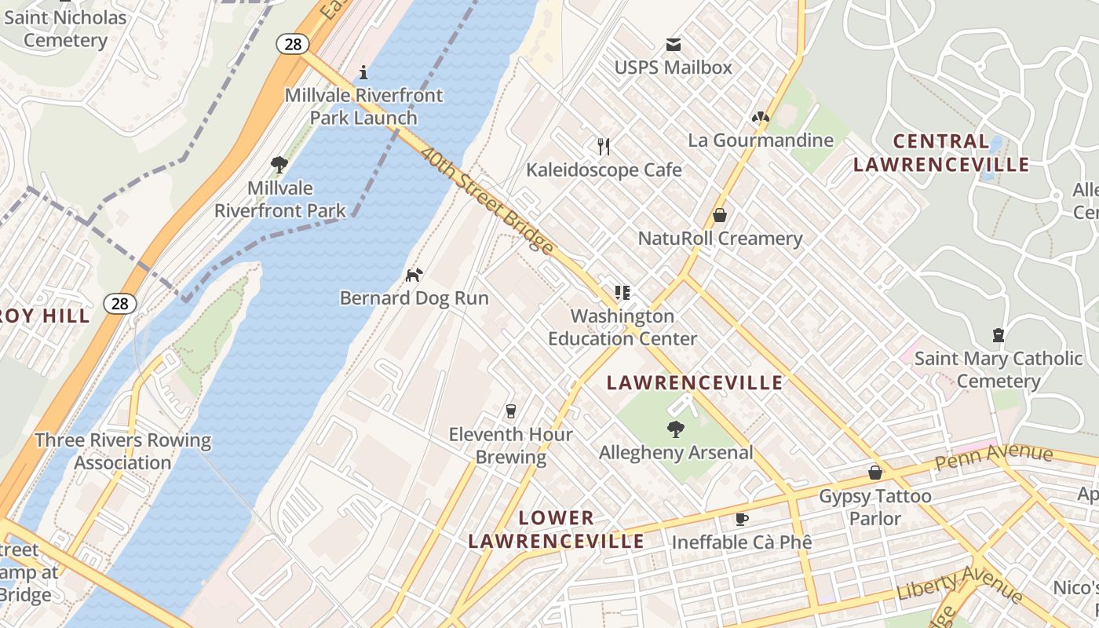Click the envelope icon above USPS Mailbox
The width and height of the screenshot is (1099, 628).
[x=673, y=45]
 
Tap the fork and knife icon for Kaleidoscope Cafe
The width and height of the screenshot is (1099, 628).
[x=603, y=147]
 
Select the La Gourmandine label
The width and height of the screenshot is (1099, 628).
[x=761, y=141]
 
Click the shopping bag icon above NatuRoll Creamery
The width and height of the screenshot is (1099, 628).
[x=719, y=215]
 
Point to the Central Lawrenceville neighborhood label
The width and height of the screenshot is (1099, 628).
[x=941, y=153]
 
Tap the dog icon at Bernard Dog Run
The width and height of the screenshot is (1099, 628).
[x=414, y=275]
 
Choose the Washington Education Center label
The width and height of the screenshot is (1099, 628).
[x=623, y=327]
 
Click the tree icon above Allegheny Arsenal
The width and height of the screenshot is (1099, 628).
[x=675, y=429]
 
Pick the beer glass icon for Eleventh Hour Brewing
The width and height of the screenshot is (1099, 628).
[x=511, y=411]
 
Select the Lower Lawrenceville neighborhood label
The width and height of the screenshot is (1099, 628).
[x=556, y=530]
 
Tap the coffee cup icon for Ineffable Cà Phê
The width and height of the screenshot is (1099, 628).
[x=741, y=519]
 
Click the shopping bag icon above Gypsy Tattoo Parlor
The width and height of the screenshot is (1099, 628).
[x=874, y=473]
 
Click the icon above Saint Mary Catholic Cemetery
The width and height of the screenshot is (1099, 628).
[x=998, y=336]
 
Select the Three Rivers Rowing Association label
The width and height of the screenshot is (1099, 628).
[x=122, y=451]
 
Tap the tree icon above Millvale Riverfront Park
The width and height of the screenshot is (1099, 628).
[x=279, y=165]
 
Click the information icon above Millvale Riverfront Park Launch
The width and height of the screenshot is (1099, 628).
[x=363, y=72]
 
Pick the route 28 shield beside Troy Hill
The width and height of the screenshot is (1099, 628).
[x=119, y=304]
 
